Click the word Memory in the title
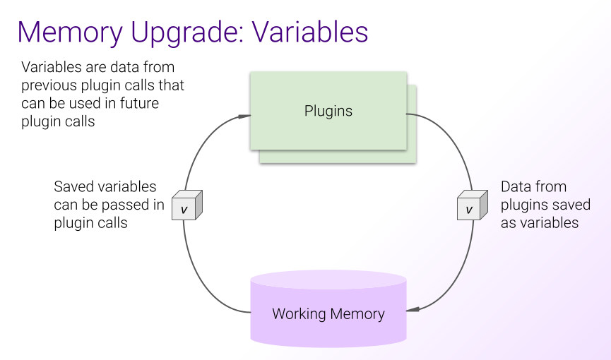pos(76,32)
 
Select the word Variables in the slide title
pos(310,32)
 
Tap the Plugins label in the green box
pos(328,111)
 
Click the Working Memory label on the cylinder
pos(328,314)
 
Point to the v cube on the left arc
pos(186,207)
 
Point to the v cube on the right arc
pos(470,207)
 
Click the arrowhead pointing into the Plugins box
pos(244,115)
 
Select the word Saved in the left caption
pos(73,187)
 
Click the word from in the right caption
pos(551,187)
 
